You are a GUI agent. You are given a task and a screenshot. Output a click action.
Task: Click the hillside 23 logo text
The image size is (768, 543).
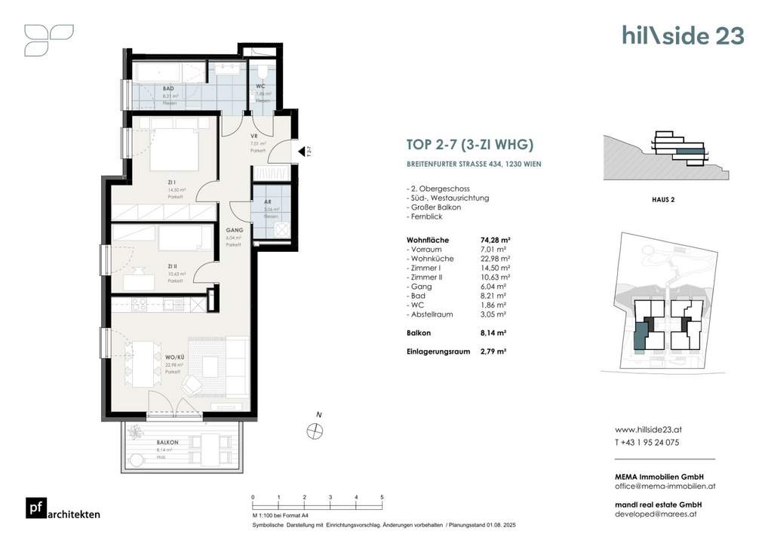coord(683,35)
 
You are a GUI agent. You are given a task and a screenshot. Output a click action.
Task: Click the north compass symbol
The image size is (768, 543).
coord(315,431)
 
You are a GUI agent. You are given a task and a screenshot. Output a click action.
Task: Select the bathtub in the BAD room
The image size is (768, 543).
coord(158,72)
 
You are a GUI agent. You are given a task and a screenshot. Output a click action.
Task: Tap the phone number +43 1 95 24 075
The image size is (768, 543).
coord(647,443)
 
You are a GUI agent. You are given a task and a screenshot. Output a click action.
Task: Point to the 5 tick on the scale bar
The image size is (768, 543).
coord(382,498)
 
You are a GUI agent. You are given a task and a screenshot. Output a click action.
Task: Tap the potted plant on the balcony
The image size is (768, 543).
coord(137,434)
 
